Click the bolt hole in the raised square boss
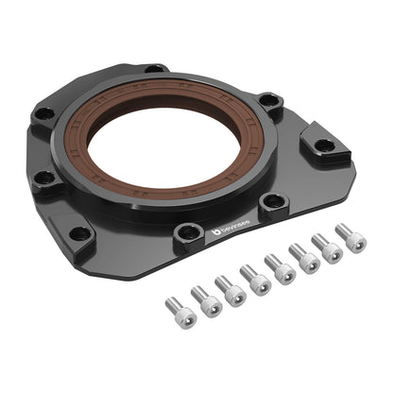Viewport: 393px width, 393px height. click(x=324, y=145)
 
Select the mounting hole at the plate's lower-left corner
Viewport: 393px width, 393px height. click(x=80, y=232)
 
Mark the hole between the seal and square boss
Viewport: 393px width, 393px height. click(x=273, y=200)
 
